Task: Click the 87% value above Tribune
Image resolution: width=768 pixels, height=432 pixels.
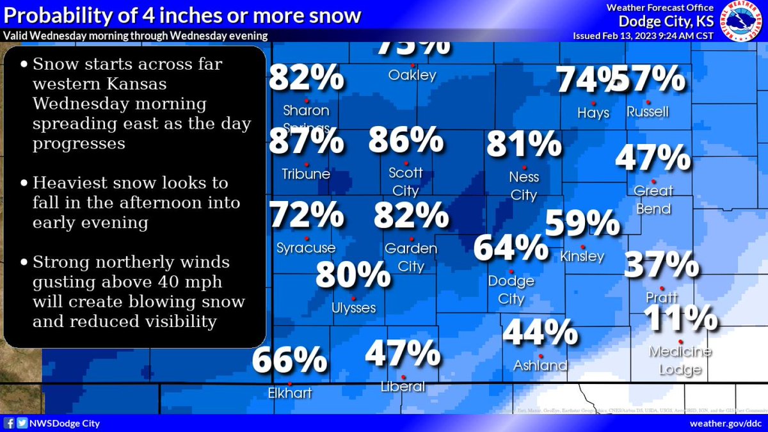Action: (305, 141)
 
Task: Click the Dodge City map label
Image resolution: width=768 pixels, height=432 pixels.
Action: (511, 290)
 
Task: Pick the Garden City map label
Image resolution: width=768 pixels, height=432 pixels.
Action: (410, 257)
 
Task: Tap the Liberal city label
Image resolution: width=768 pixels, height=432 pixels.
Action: (403, 387)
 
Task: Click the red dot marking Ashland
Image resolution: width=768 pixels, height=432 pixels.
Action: (541, 356)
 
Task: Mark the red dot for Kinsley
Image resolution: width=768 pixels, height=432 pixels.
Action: (582, 247)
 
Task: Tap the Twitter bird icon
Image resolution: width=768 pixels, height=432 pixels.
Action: (22, 423)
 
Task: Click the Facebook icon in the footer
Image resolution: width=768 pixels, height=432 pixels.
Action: (10, 423)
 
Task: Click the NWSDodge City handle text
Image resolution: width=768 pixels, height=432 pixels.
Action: (64, 424)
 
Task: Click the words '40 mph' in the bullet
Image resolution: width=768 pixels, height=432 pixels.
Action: (191, 282)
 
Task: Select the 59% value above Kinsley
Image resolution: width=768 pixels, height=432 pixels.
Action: (582, 223)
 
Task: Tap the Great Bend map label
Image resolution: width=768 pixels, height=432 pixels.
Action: (653, 200)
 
